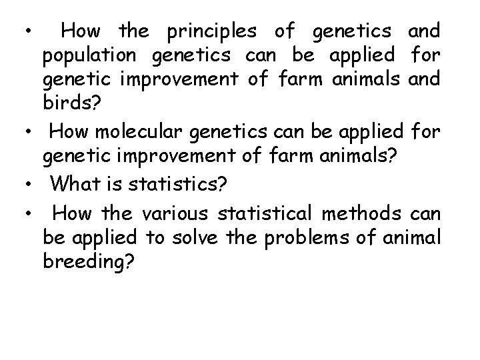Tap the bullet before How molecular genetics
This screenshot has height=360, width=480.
point(30,133)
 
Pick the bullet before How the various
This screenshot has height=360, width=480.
point(30,214)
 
